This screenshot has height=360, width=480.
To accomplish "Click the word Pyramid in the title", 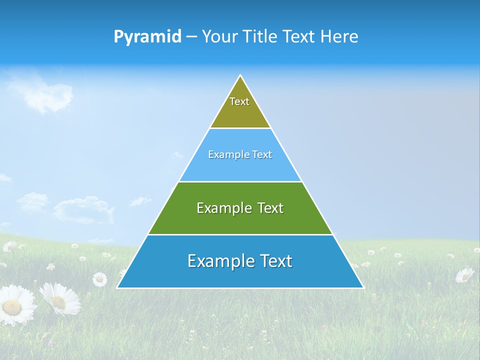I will pos(147,37).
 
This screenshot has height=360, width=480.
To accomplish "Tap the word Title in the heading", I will pos(261,36).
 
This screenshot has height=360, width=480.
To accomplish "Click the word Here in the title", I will pos(339,36).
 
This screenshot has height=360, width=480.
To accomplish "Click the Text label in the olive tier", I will pos(239,101).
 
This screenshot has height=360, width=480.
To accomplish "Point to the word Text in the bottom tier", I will pos(275,261).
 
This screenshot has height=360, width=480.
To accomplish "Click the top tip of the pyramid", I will pos(240,76).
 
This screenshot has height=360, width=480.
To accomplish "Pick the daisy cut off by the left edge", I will pos(15,305).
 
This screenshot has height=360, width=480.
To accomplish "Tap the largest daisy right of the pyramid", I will pos(464,275).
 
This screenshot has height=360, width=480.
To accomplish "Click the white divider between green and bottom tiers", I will pos(240,234).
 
